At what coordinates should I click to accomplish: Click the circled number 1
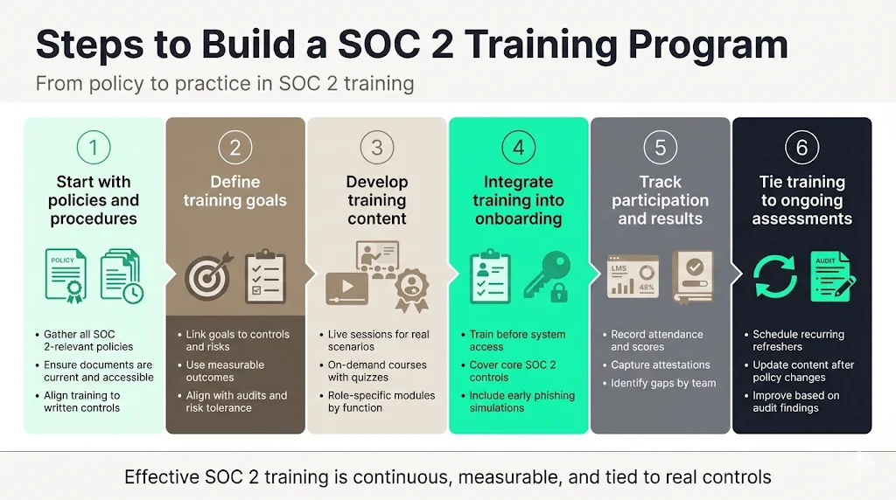point(94,147)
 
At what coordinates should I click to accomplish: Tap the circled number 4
point(518,147)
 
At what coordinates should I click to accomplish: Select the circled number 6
point(801,147)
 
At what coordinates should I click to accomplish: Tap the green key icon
point(547,271)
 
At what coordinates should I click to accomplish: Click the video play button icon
point(346,288)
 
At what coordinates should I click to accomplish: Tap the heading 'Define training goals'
point(234,191)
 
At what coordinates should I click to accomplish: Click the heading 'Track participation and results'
point(660,200)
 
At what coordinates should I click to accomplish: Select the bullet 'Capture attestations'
point(661,365)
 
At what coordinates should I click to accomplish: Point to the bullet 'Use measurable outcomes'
point(225,372)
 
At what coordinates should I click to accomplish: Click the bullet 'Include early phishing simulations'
point(521,402)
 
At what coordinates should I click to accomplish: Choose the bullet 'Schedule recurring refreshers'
point(798,341)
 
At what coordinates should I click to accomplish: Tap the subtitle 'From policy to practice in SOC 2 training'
point(224,85)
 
